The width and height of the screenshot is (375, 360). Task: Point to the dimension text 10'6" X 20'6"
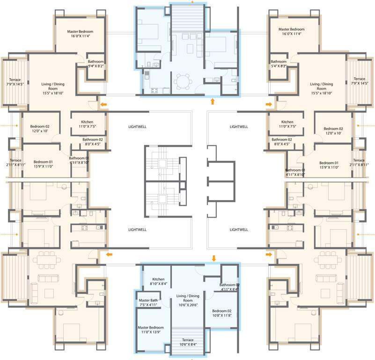point(187,305)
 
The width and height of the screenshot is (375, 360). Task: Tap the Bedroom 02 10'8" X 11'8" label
point(221,313)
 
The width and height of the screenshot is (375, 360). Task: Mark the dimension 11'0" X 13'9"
point(150,332)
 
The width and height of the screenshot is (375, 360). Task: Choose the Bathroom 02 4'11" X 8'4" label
point(229,287)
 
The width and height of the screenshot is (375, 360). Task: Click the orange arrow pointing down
point(214,258)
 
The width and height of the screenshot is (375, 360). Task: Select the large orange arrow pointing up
point(213,101)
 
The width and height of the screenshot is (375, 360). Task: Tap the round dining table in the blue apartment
point(181,82)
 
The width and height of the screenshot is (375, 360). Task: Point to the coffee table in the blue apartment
point(191,48)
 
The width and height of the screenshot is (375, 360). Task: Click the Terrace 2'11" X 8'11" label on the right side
point(359,162)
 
